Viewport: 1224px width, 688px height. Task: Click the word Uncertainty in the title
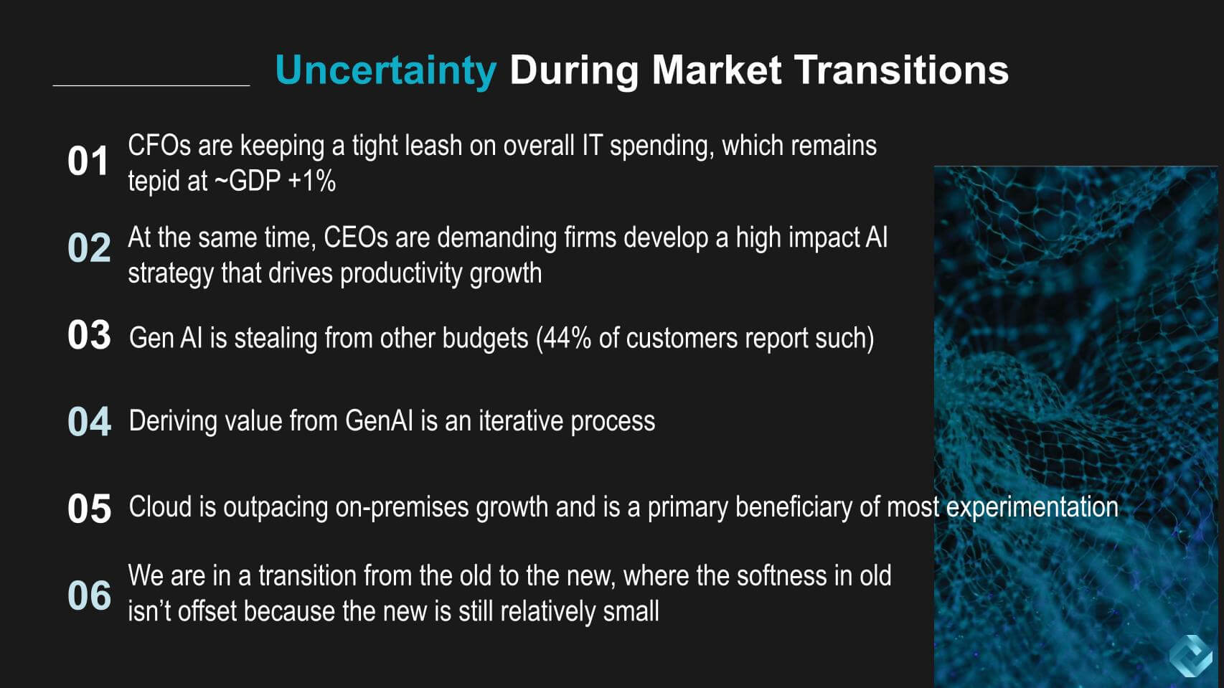386,70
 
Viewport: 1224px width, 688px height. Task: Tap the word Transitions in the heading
901,70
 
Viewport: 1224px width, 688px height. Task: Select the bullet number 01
88,161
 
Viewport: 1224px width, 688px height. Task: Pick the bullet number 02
89,247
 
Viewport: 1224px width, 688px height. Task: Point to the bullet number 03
89,334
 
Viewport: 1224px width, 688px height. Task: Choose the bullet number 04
90,421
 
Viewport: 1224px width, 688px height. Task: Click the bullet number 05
90,509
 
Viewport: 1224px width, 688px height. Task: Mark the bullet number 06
90,595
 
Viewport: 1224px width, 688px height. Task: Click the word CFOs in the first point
159,146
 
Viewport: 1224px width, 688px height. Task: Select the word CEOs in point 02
356,237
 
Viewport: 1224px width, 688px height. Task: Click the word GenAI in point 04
379,421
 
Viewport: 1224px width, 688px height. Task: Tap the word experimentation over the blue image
1032,508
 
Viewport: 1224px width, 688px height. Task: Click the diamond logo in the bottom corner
1191,656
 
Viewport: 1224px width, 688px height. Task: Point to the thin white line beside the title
151,85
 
